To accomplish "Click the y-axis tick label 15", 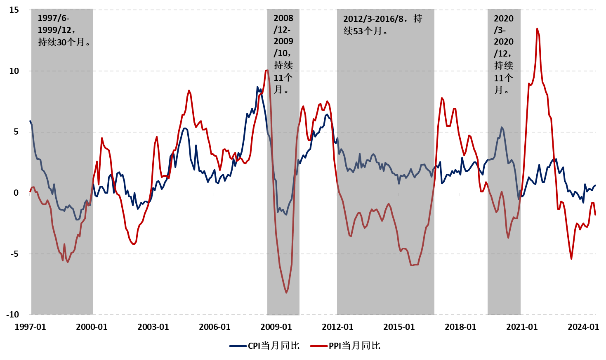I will [x=14, y=10].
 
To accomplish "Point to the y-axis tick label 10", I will [x=14, y=71].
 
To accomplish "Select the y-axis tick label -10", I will [x=12, y=315].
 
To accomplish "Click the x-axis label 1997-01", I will [x=31, y=327].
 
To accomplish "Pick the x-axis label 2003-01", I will [x=153, y=327].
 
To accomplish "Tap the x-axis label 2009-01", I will [x=276, y=327].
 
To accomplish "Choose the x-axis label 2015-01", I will [x=399, y=327].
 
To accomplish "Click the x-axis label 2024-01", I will [x=583, y=327].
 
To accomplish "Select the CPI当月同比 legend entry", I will [x=264, y=346].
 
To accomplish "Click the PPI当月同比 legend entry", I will [x=345, y=346].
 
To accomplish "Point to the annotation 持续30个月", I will [x=64, y=42].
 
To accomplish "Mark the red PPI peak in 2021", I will [x=537, y=29].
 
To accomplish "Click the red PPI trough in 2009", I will [x=286, y=293].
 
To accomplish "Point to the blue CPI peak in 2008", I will [x=257, y=87].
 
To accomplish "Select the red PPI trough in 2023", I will [x=571, y=258].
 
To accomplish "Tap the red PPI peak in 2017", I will [x=442, y=98].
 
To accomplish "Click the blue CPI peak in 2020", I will [x=502, y=127].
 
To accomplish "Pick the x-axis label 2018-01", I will [x=460, y=327].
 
